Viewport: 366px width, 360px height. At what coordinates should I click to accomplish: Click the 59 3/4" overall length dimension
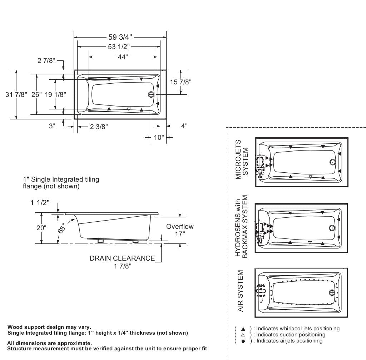pos(120,37)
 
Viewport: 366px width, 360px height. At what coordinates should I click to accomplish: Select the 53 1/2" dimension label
pos(119,47)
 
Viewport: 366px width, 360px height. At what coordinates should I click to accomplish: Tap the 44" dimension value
pos(122,57)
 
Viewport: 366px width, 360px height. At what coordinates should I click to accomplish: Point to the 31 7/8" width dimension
pos(16,94)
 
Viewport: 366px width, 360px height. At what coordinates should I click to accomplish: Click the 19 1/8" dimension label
pos(55,94)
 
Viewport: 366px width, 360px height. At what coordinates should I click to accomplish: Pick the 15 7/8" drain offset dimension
pos(180,82)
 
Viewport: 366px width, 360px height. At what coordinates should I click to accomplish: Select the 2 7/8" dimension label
pos(46,60)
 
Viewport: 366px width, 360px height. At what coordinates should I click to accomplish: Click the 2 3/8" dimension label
pos(99,126)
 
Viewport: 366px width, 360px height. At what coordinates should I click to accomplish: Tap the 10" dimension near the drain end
pos(158,137)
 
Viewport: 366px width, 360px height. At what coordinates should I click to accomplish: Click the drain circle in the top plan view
pos(151,94)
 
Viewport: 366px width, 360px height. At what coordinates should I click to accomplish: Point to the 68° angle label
pos(61,228)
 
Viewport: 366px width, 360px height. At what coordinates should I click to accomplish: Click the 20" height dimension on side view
pos(41,228)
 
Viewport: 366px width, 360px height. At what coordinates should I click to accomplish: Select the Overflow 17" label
pos(180,230)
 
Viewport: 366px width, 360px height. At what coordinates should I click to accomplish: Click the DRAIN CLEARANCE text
pos(122,258)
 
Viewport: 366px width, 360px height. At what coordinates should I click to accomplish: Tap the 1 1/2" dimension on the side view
pos(39,203)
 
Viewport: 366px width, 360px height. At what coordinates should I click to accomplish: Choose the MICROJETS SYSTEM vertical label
pos(242,159)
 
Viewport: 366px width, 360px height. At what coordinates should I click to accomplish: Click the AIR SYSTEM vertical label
pos(241,291)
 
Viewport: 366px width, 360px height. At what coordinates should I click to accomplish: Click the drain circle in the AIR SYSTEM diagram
pos(333,292)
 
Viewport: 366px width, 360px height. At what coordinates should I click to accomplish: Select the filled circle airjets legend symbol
pos(243,341)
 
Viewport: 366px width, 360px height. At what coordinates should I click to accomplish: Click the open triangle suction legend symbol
pos(243,335)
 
